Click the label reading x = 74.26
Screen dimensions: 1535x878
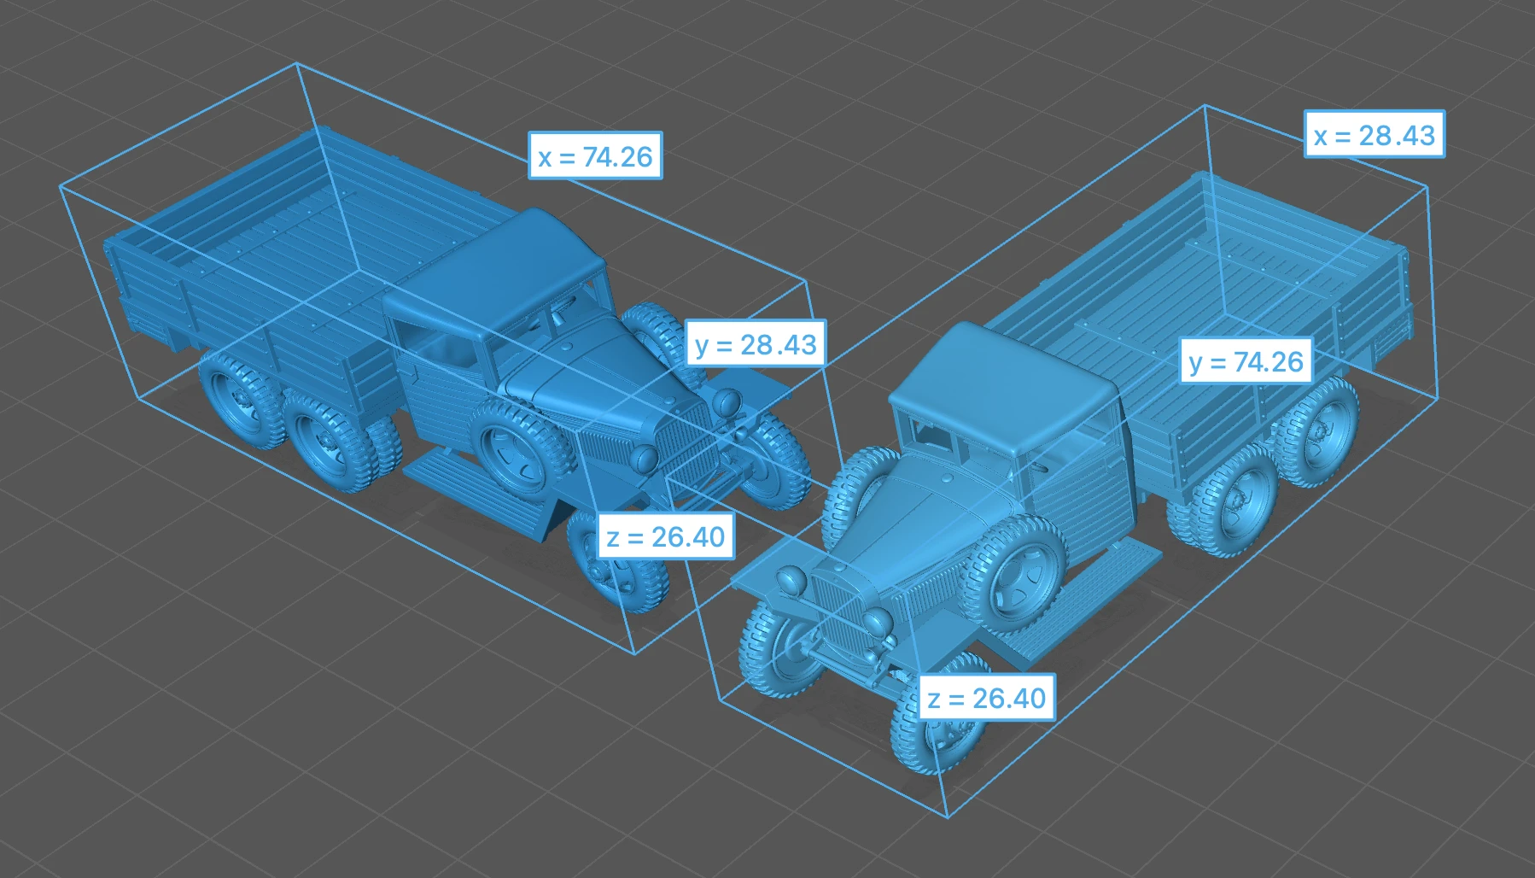click(x=595, y=155)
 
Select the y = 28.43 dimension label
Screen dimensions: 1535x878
click(x=756, y=343)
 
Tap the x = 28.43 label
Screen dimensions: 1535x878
click(x=1374, y=134)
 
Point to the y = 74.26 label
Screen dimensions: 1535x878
click(x=1246, y=360)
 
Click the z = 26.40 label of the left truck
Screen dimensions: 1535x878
click(x=666, y=536)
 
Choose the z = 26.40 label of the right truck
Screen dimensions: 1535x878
click(x=987, y=697)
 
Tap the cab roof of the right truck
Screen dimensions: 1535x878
click(x=1004, y=381)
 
